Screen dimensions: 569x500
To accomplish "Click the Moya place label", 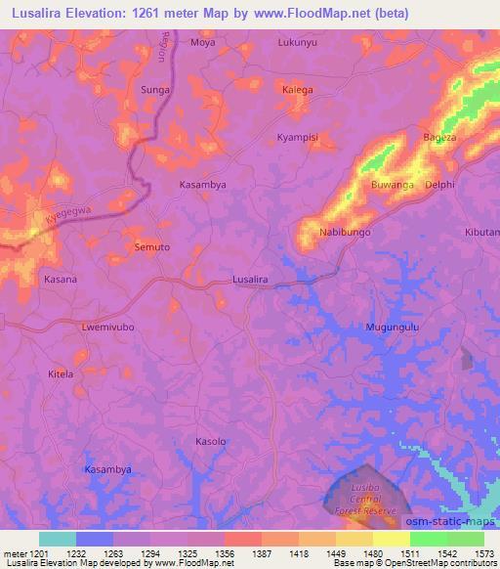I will [x=203, y=43].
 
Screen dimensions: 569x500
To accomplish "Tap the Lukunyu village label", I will [x=298, y=43].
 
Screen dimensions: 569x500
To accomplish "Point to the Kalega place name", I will [x=298, y=90].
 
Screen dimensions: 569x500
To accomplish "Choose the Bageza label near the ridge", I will [x=439, y=138].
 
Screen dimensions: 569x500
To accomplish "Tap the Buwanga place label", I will [x=393, y=184].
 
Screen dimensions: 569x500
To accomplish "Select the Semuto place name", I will [x=152, y=247].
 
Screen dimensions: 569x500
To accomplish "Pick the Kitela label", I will [x=61, y=373].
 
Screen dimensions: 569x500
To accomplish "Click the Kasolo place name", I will [x=211, y=441].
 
